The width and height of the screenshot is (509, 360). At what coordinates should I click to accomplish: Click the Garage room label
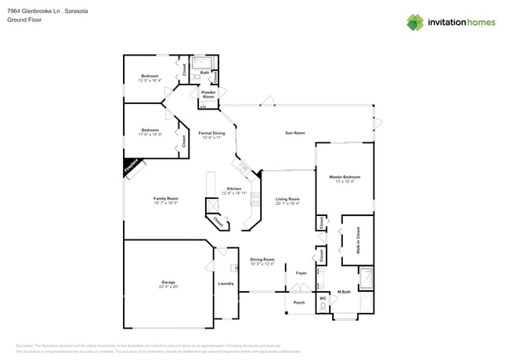(x=168, y=282)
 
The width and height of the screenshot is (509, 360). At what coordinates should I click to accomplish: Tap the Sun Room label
(x=294, y=134)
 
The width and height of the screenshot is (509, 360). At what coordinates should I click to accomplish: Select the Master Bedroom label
(x=345, y=177)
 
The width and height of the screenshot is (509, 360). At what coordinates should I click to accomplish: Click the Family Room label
(x=165, y=199)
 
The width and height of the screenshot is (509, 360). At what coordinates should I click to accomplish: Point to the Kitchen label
(x=234, y=189)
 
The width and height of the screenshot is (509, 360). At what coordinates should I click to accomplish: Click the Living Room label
(x=288, y=199)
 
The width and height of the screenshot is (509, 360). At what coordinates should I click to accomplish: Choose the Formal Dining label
(x=211, y=134)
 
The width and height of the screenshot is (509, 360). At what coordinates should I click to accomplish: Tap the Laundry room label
(x=226, y=283)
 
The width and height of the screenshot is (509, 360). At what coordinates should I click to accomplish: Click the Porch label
(x=298, y=302)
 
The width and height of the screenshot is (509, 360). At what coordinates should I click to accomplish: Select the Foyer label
(x=301, y=272)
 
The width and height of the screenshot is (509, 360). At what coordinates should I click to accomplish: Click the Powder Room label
(x=208, y=94)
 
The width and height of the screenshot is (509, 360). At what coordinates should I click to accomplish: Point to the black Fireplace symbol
(x=131, y=167)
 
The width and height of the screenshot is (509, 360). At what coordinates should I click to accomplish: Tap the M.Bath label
(x=343, y=292)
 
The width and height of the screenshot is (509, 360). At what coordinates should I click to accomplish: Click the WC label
(x=322, y=298)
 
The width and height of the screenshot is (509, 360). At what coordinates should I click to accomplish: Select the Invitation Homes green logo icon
(x=416, y=22)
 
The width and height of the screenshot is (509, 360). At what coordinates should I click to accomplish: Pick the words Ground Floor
(x=24, y=20)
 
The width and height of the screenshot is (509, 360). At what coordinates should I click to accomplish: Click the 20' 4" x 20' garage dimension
(x=168, y=286)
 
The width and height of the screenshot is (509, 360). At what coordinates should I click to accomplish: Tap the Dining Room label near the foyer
(x=262, y=259)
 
